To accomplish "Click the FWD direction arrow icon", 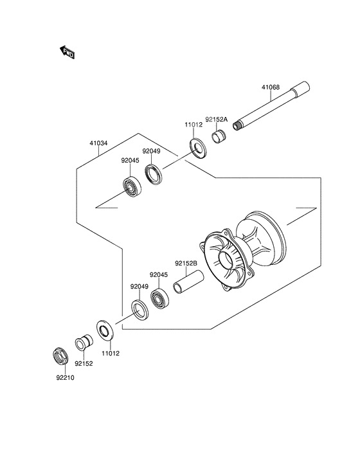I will click(x=66, y=53).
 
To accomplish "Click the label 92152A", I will click(x=217, y=119).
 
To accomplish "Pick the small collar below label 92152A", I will click(x=219, y=137).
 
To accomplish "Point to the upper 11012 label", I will click(x=194, y=125).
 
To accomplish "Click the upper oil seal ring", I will click(x=154, y=174).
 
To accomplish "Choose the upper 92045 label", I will click(x=131, y=162).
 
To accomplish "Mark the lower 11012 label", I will click(x=111, y=354).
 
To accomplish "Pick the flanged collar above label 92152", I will click(x=82, y=342).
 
